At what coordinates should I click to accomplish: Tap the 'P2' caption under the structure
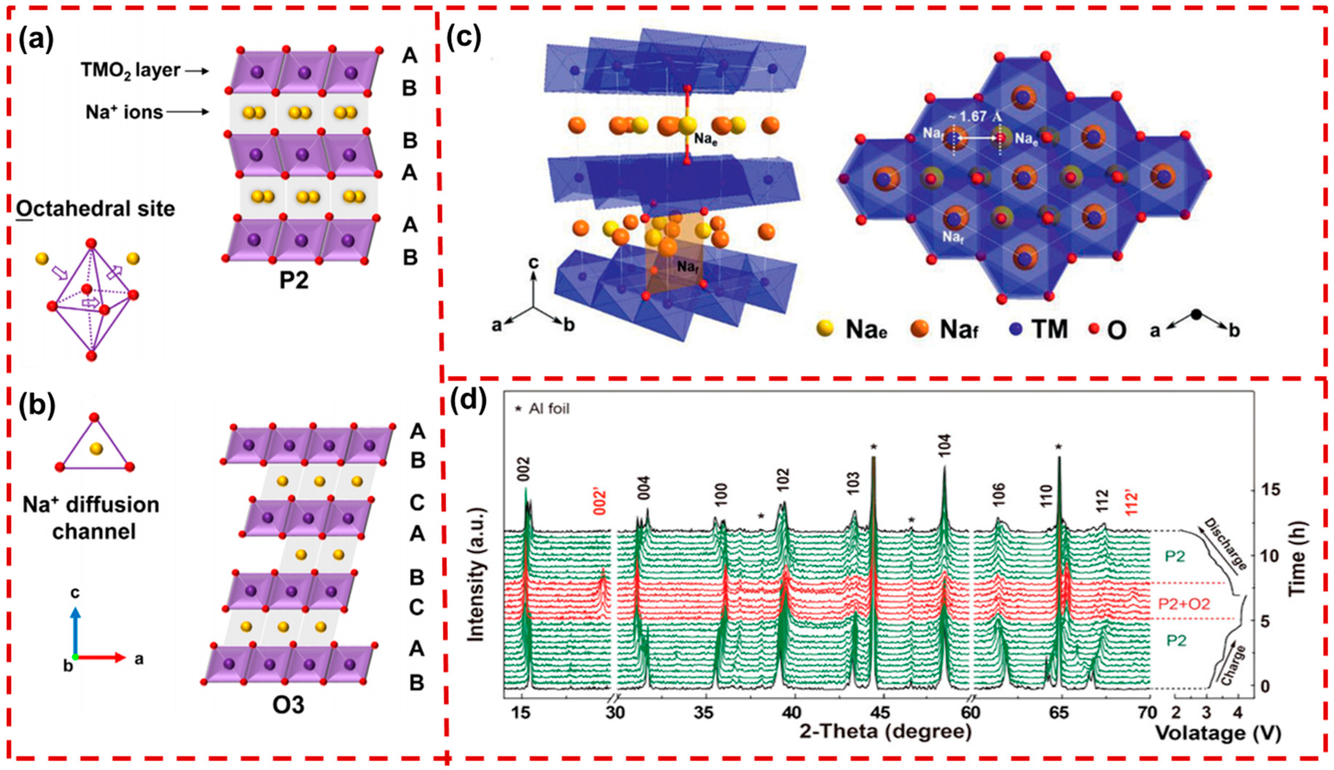(x=293, y=281)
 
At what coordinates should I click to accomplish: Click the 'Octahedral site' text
(x=95, y=209)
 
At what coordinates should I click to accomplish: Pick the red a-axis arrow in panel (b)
(x=103, y=657)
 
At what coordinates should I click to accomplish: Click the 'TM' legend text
(x=1050, y=329)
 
